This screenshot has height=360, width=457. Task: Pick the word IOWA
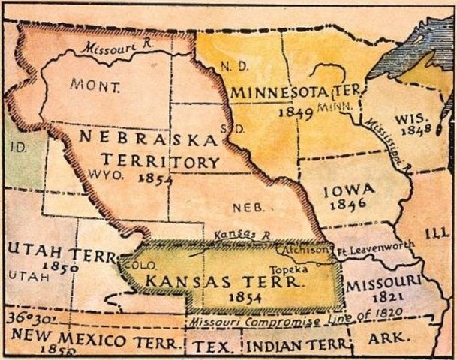349,192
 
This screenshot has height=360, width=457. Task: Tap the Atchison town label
305,249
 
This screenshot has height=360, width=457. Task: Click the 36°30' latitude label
25,318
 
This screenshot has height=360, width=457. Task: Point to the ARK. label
386,337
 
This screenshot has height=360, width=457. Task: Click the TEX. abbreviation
211,348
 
